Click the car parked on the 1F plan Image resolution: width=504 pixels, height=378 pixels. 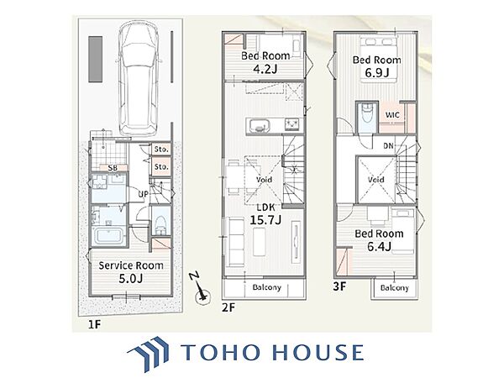click(139, 78)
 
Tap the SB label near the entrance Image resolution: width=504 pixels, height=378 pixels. click(113, 168)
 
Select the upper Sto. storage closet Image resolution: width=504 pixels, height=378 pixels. click(161, 150)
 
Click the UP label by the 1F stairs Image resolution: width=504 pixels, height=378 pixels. click(144, 195)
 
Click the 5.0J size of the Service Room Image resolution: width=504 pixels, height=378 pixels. click(130, 279)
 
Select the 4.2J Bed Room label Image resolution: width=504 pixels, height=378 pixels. click(265, 62)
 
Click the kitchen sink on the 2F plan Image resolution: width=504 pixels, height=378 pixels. click(258, 126)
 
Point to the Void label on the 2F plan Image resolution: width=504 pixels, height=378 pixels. click(264, 180)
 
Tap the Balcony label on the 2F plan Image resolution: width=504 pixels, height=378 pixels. click(267, 287)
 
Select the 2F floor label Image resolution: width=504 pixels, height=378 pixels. click(228, 308)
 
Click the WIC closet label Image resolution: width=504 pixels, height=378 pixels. click(392, 115)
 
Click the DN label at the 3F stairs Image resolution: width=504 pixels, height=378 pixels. click(388, 146)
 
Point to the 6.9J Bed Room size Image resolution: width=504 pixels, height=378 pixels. click(376, 72)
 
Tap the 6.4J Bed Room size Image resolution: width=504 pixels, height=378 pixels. click(380, 246)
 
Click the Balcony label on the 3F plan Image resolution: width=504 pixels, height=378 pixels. click(395, 287)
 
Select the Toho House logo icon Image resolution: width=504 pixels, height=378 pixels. click(149, 354)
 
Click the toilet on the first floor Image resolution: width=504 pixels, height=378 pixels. click(160, 225)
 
